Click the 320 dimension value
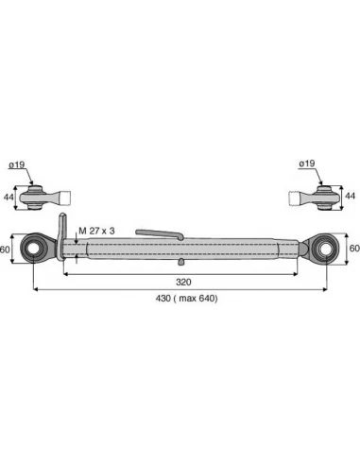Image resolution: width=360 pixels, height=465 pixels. (x=183, y=282)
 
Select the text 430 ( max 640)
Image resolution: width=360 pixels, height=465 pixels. (x=186, y=298)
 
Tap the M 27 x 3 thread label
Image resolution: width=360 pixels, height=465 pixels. (x=96, y=231)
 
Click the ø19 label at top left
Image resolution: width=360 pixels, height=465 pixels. (x=17, y=164)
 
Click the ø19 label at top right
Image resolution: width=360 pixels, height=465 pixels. (x=307, y=164)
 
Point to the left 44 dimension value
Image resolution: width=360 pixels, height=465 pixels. (x=9, y=198)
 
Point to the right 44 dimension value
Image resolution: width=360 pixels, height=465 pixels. (x=350, y=196)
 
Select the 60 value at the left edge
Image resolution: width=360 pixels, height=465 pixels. (x=5, y=250)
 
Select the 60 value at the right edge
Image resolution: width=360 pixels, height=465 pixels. (x=354, y=249)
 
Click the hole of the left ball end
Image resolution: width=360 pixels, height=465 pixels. (x=33, y=249)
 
